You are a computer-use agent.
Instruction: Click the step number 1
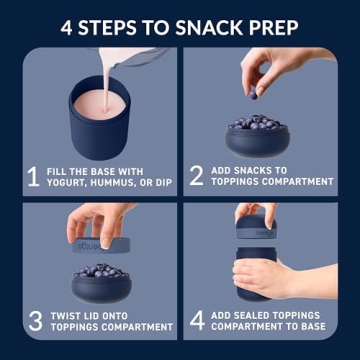33,176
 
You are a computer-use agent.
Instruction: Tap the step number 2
196,176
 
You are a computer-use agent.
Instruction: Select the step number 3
34,320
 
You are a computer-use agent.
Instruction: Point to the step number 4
196,320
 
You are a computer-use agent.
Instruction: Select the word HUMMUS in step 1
119,182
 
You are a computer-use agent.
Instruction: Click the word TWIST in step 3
68,312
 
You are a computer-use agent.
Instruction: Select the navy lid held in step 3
100,245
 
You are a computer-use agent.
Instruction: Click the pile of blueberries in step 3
100,271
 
